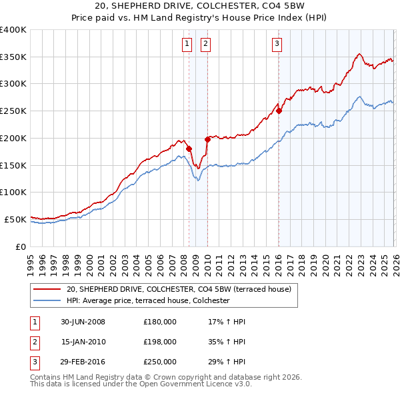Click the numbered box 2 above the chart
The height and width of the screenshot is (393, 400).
[205, 45]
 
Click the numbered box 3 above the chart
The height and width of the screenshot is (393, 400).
[276, 45]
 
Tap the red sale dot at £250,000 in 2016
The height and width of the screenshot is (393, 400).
[279, 111]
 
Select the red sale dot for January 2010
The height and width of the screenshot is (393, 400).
[207, 139]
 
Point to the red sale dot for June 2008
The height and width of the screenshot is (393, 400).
[189, 149]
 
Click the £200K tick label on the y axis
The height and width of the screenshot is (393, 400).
[13, 138]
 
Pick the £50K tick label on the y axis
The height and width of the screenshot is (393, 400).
[15, 219]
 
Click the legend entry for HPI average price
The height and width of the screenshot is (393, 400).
[148, 301]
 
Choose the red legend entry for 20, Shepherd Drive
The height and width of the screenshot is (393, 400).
[179, 289]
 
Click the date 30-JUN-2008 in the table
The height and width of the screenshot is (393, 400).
[83, 322]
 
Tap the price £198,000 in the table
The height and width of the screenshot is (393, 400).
[160, 342]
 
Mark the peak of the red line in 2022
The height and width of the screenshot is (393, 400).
[359, 54]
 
